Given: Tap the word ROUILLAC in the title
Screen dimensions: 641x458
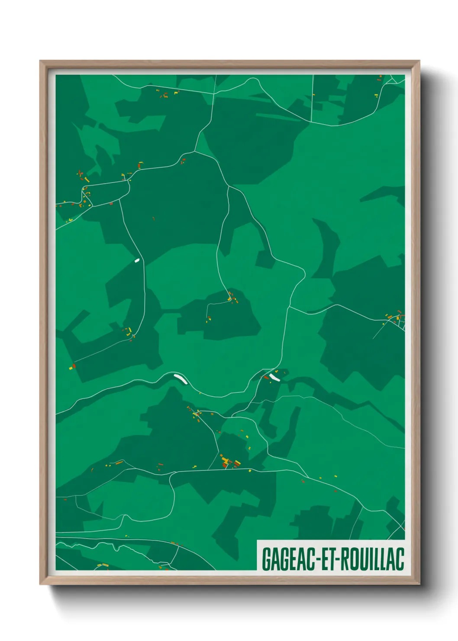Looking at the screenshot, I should click(x=373, y=559).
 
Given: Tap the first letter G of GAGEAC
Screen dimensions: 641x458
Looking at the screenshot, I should click(x=266, y=559).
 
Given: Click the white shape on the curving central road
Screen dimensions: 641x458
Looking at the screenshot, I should click(x=180, y=379).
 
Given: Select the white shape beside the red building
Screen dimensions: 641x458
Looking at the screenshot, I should click(x=274, y=377).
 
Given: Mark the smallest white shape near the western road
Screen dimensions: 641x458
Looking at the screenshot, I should click(x=137, y=260).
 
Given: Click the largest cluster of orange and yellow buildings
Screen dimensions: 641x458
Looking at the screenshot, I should click(x=229, y=462).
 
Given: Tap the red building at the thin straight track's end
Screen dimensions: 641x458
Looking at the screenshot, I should click(x=74, y=366).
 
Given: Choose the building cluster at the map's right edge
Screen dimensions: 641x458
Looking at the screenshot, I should click(x=396, y=318).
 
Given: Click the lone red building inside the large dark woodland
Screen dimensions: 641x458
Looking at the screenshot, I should click(x=153, y=219).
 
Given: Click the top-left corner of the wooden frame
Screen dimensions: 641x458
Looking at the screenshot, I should click(x=41, y=62).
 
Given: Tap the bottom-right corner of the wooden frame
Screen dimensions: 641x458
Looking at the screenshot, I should click(x=419, y=584).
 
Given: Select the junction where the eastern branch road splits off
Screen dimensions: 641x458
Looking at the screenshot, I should click(x=289, y=307).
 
